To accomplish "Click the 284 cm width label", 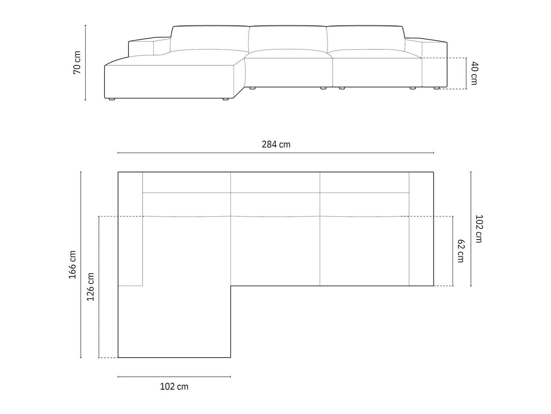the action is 276,145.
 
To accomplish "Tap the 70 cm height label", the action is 77,63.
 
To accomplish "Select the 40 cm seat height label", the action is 474,73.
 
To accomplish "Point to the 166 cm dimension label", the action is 72,265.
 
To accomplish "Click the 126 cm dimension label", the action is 90,287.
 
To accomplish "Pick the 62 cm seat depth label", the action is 461,251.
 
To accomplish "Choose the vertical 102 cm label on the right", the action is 479,229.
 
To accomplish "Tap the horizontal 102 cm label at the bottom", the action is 174,386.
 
